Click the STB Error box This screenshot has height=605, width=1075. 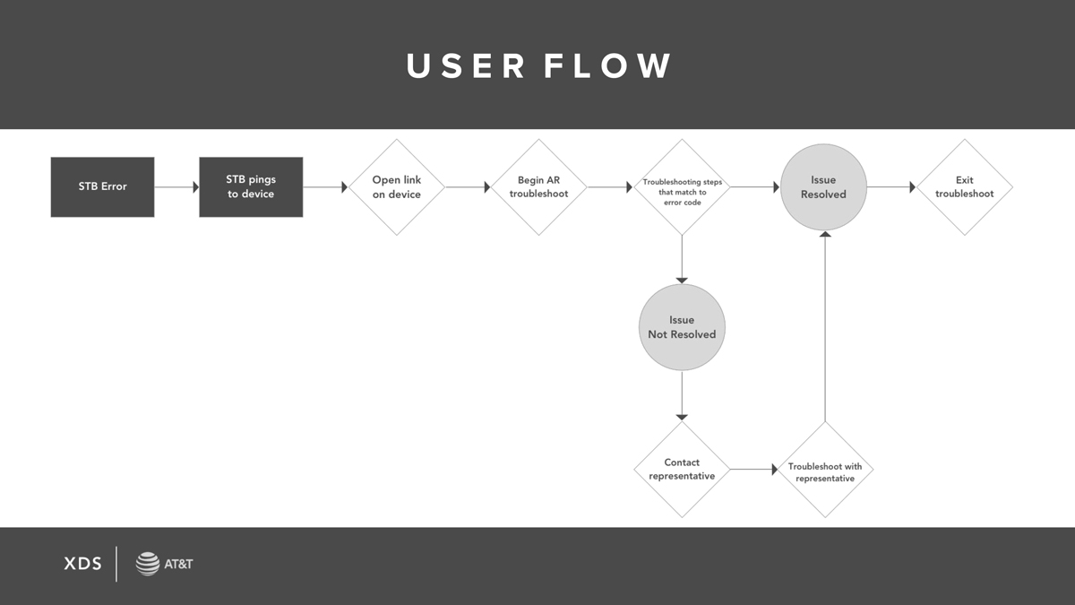pyautogui.click(x=103, y=186)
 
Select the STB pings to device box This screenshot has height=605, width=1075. pyautogui.click(x=251, y=186)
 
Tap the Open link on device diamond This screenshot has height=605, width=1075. pyautogui.click(x=397, y=187)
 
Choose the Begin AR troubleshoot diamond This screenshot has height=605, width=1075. pyautogui.click(x=539, y=187)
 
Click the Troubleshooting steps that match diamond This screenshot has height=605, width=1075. pyautogui.click(x=682, y=187)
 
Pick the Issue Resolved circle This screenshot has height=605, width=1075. pyautogui.click(x=824, y=187)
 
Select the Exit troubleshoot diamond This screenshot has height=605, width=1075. pyautogui.click(x=965, y=187)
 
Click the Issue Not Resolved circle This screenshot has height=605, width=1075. pyautogui.click(x=682, y=327)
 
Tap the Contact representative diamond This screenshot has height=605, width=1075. pyautogui.click(x=682, y=470)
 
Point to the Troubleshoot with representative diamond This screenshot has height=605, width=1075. pyautogui.click(x=825, y=470)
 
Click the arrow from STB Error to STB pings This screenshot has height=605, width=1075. pyautogui.click(x=176, y=186)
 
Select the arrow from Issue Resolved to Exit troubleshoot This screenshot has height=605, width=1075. pyautogui.click(x=891, y=186)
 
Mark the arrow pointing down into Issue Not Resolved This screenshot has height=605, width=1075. pyautogui.click(x=682, y=260)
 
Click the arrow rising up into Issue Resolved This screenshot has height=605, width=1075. pyautogui.click(x=825, y=326)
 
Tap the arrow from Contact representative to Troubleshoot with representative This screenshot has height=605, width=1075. pyautogui.click(x=754, y=470)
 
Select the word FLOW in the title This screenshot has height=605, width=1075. pyautogui.click(x=607, y=65)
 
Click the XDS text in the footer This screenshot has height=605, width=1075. pyautogui.click(x=83, y=564)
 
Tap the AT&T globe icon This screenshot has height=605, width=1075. pyautogui.click(x=147, y=564)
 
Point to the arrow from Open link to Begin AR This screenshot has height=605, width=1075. pyautogui.click(x=468, y=186)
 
